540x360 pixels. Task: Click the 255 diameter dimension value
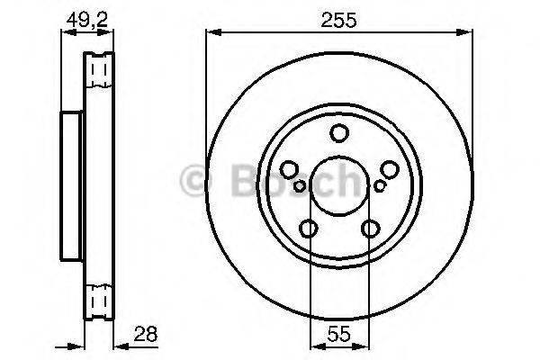pyautogui.click(x=339, y=19)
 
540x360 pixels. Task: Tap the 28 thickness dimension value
pyautogui.click(x=144, y=333)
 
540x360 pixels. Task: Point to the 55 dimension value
pyautogui.click(x=339, y=333)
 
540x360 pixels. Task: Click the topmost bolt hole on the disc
pyautogui.click(x=339, y=134)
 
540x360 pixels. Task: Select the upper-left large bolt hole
pyautogui.click(x=290, y=169)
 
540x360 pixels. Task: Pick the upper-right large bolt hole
pyautogui.click(x=389, y=169)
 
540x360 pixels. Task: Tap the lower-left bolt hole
pyautogui.click(x=309, y=229)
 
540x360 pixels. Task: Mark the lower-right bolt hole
pyautogui.click(x=370, y=229)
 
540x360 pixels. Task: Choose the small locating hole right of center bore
pyautogui.click(x=379, y=185)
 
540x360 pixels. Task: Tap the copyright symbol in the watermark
pyautogui.click(x=195, y=181)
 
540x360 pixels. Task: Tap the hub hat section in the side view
pyautogui.click(x=71, y=185)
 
